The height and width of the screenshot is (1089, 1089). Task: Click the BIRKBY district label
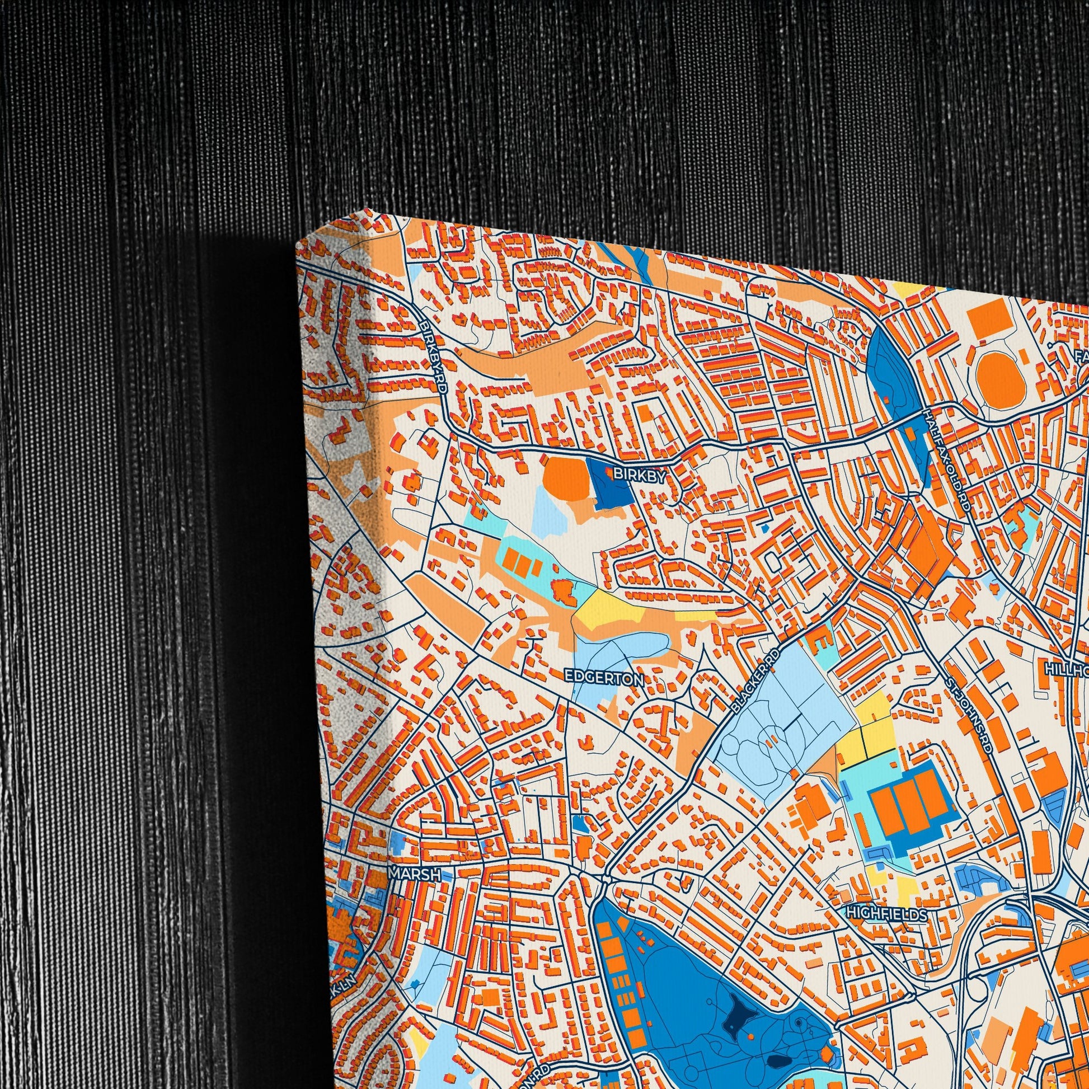pyautogui.click(x=639, y=475)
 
